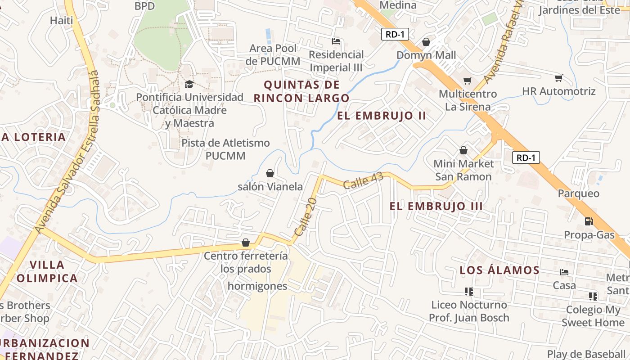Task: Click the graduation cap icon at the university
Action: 189,84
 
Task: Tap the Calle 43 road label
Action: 363,180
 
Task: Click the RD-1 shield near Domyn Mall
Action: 395,34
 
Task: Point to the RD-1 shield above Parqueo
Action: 526,157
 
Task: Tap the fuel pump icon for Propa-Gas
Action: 589,221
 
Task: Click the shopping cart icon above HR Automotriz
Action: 559,78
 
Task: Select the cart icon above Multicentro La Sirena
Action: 468,81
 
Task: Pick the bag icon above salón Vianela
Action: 270,173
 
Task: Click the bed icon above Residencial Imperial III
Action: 336,41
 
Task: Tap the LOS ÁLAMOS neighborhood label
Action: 499,270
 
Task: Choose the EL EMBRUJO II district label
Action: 382,116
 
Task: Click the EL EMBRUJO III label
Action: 436,206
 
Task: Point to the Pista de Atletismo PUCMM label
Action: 225,149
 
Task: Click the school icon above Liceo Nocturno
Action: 469,292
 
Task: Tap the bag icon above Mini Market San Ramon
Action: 463,150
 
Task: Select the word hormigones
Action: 257,286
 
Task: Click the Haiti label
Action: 61,20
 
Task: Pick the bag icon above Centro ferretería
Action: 246,243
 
